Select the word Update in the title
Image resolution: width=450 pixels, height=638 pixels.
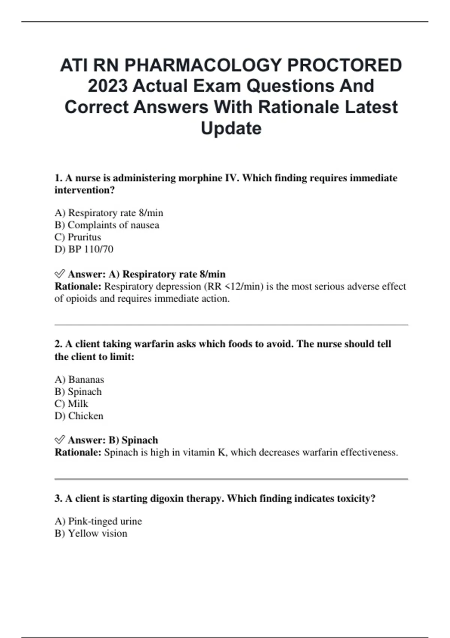click(x=231, y=128)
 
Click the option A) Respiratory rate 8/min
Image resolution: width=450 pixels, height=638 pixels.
click(x=109, y=213)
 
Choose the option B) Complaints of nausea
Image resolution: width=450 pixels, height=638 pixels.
click(x=107, y=225)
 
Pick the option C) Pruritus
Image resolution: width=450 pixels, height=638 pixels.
click(x=78, y=237)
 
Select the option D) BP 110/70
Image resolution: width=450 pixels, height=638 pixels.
click(x=84, y=249)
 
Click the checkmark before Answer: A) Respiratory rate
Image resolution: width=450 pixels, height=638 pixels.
click(x=60, y=274)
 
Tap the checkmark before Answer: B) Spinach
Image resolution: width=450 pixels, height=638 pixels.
click(x=60, y=440)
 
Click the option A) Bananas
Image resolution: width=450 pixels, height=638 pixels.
click(x=79, y=380)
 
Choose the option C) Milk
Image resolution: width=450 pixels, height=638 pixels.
click(x=71, y=404)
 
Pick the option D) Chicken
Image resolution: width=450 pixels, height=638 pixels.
click(x=79, y=416)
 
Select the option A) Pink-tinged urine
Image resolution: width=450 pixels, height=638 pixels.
click(x=98, y=521)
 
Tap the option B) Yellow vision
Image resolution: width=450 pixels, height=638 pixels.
click(x=91, y=533)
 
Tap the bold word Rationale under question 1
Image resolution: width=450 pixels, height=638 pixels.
click(x=78, y=287)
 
